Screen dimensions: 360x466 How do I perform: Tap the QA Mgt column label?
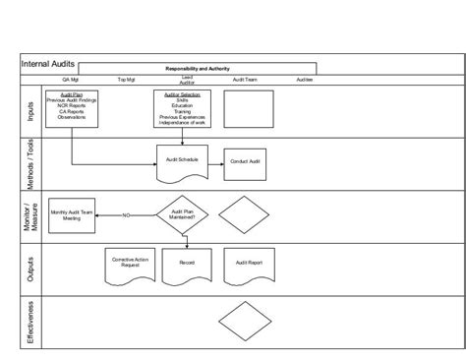[71, 80]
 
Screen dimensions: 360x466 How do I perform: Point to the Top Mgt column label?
[127, 80]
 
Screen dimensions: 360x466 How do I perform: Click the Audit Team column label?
[245, 80]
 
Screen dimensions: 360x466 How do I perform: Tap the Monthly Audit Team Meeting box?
[71, 215]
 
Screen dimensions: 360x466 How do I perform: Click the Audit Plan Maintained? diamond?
[183, 214]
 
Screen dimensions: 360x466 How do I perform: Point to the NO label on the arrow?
[126, 214]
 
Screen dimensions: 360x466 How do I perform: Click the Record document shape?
[187, 265]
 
